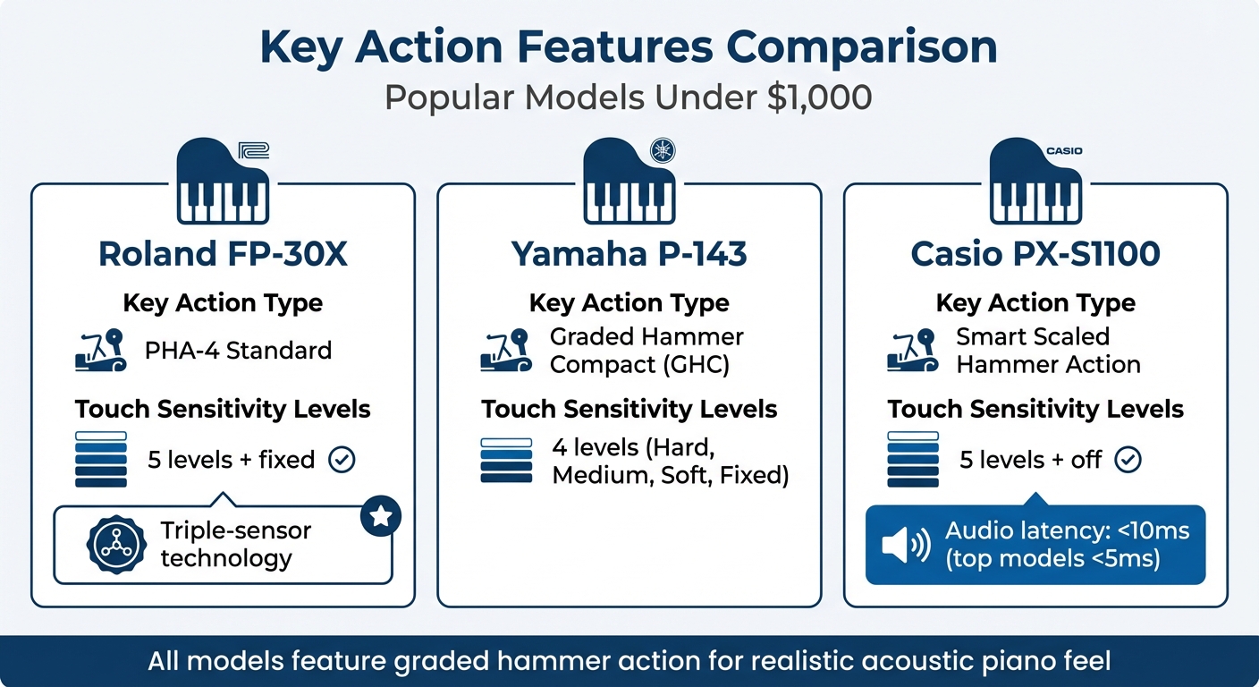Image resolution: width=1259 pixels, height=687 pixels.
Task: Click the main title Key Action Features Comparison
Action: click(x=629, y=47)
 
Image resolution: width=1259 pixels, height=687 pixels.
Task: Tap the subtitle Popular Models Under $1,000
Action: click(x=629, y=97)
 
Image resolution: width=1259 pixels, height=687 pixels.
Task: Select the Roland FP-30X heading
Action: click(x=223, y=254)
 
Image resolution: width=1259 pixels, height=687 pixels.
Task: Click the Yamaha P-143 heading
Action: click(x=629, y=254)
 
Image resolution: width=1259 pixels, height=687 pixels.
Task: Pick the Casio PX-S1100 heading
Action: click(x=1035, y=254)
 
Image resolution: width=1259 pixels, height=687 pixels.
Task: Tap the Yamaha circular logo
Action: click(x=663, y=149)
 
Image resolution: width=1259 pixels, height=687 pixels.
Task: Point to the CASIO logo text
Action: click(x=1064, y=150)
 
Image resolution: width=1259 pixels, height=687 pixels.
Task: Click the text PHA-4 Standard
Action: click(x=238, y=350)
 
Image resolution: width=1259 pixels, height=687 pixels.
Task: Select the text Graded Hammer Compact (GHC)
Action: click(x=646, y=351)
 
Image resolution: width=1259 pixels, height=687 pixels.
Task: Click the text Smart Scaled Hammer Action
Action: click(x=1048, y=351)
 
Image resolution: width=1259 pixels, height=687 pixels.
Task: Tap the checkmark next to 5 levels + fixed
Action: click(x=342, y=460)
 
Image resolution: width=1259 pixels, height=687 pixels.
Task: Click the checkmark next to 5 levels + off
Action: click(x=1128, y=460)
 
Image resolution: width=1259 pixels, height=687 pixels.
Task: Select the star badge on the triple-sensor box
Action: click(x=381, y=515)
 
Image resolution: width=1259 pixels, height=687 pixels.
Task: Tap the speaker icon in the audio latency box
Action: click(x=906, y=545)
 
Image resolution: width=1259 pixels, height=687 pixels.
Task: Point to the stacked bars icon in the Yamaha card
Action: click(x=506, y=460)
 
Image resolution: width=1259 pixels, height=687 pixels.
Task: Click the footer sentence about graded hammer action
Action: click(x=629, y=662)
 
